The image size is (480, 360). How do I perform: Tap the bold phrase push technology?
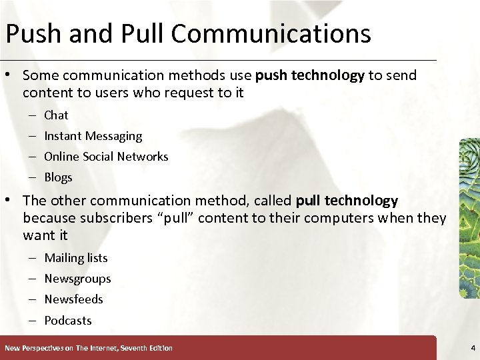click(310, 75)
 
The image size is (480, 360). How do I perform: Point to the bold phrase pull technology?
click(347, 201)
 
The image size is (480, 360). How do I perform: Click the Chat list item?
click(56, 115)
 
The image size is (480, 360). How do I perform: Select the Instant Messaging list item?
click(93, 136)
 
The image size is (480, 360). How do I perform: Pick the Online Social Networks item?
click(106, 157)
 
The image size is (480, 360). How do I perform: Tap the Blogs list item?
click(58, 177)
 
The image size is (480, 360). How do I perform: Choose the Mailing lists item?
click(75, 258)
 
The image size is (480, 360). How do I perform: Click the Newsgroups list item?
click(77, 279)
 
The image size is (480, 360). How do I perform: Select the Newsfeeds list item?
click(73, 299)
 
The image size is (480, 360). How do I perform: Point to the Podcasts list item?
click(67, 321)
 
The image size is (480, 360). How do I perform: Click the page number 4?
click(472, 347)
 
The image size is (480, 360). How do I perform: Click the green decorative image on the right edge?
click(469, 217)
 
